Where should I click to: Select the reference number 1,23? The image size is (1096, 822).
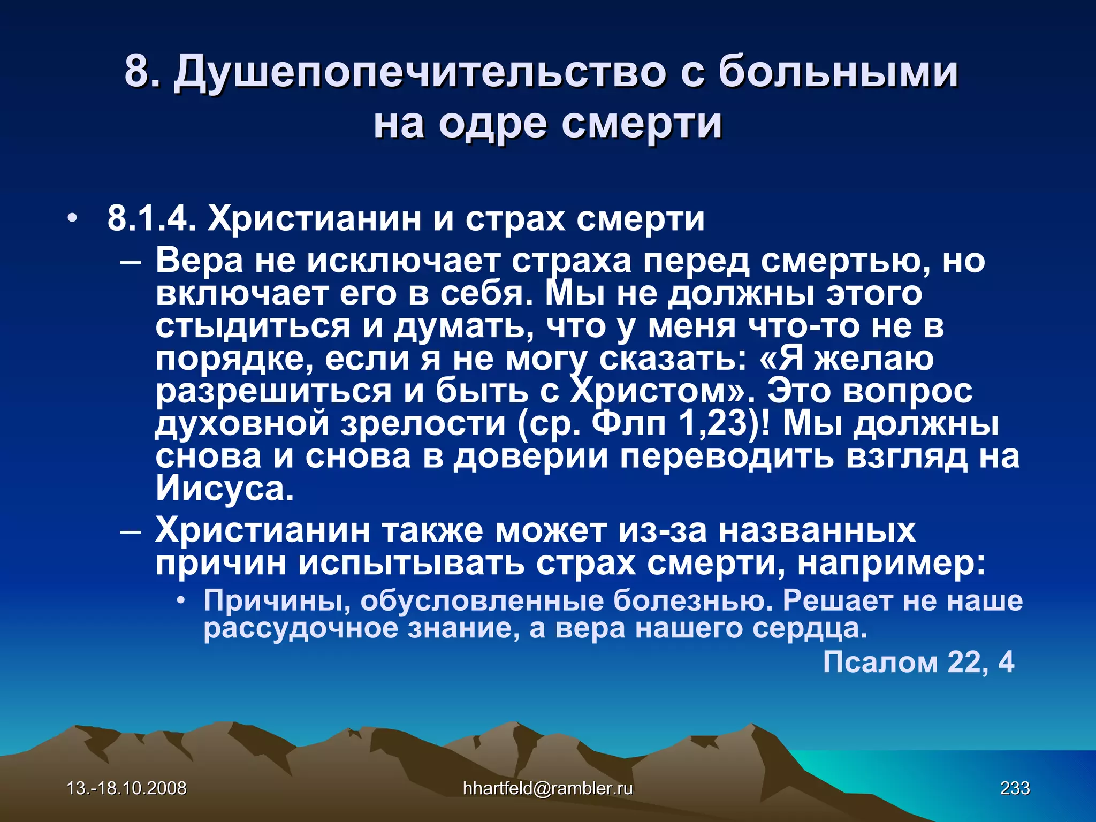(x=712, y=424)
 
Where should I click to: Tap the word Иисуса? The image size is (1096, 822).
(x=225, y=489)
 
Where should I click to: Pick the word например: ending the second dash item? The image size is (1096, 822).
(x=891, y=563)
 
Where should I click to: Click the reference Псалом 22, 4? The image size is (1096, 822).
(x=918, y=662)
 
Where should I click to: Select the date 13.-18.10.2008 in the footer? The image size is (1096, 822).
(x=126, y=788)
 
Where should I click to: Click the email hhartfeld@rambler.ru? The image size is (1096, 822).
(x=547, y=788)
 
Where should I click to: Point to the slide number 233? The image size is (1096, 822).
(x=1015, y=788)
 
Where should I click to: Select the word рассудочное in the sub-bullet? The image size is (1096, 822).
(x=300, y=628)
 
